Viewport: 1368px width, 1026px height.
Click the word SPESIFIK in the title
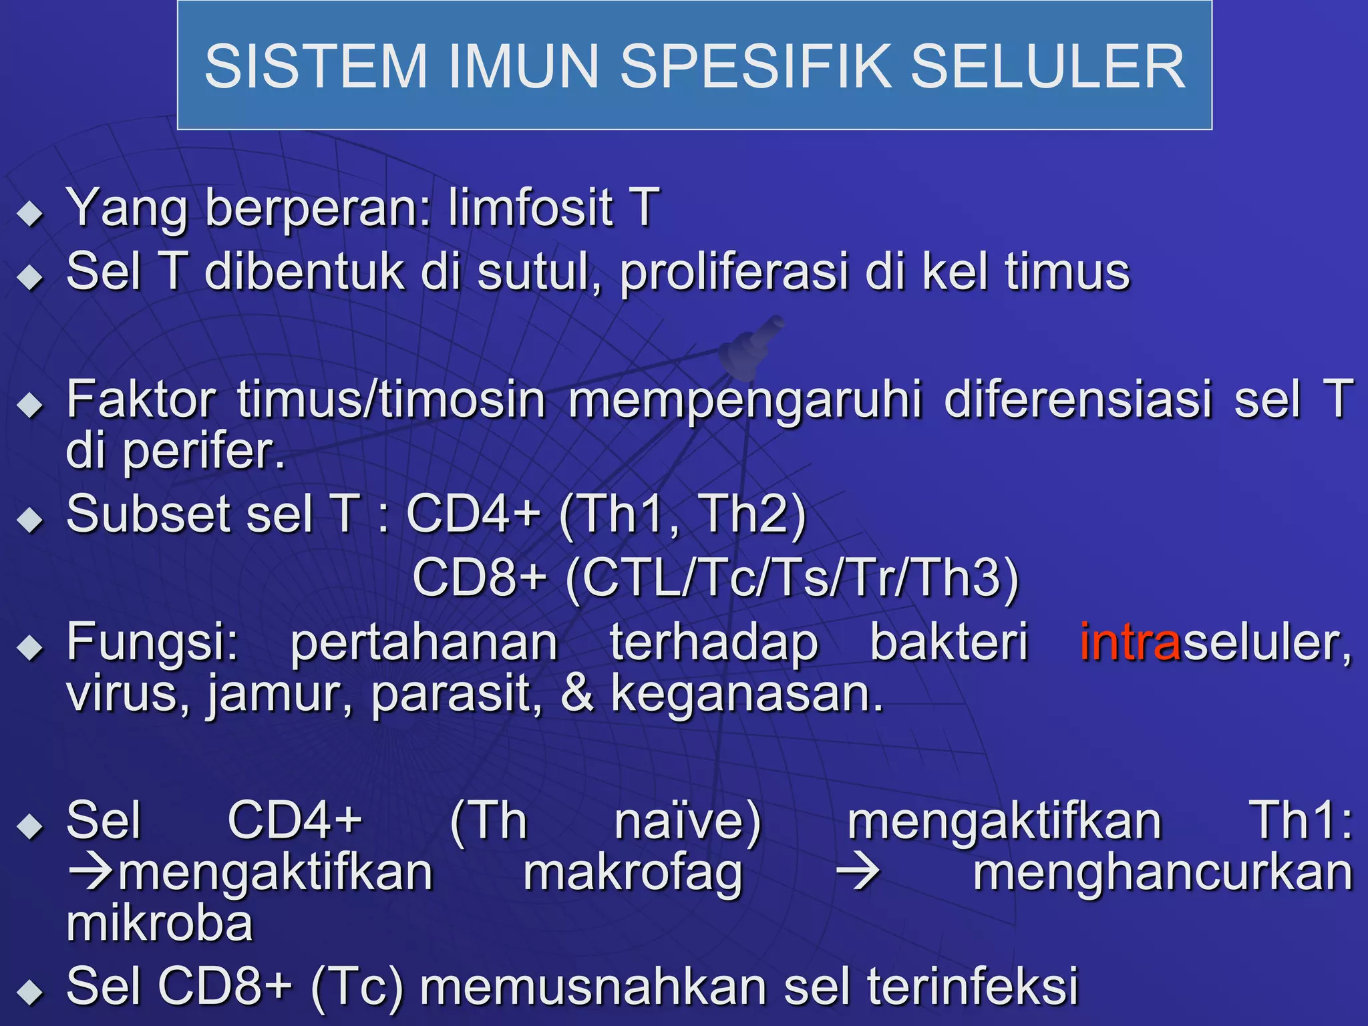pos(758,67)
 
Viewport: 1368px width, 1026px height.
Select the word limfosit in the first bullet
pos(530,208)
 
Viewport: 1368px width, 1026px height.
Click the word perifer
pos(204,453)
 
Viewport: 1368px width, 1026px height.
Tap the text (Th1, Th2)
pos(682,515)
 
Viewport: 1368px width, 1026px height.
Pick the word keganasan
pos(747,695)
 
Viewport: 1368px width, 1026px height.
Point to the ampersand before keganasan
pos(576,695)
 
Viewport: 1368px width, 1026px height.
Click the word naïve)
pos(687,822)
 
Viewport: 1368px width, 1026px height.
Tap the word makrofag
pos(633,874)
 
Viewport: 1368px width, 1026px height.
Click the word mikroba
pos(160,924)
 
